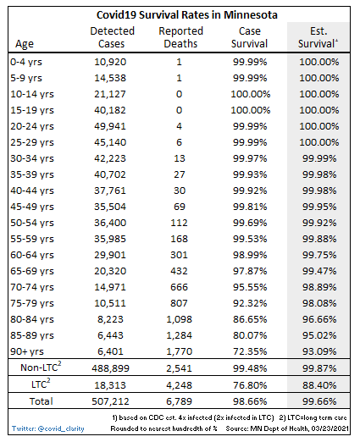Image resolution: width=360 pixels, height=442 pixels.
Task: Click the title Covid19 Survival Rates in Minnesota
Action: point(180,14)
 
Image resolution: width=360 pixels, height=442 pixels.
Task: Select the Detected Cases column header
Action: point(112,38)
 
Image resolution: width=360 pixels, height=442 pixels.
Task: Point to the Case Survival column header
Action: point(249,38)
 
